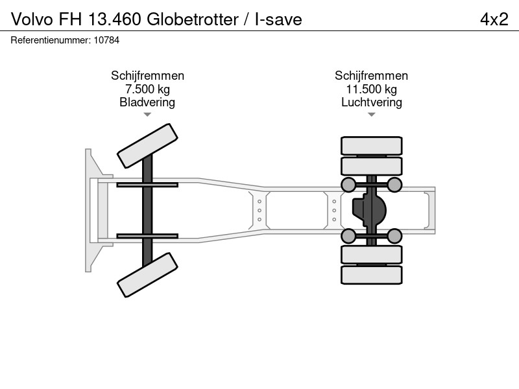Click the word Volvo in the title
32,19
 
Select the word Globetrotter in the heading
192,19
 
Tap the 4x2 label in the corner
494,19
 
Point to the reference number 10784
106,40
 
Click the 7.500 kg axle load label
147,89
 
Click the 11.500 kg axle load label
371,89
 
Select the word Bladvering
147,102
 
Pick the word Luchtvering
371,102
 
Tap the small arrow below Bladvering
147,115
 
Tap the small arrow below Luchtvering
371,115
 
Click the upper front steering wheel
147,146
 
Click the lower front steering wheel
147,275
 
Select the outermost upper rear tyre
371,146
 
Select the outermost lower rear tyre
371,275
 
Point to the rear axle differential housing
369,210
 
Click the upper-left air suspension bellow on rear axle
348,185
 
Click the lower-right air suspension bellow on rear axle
394,236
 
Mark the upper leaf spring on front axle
147,185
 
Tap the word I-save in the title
278,19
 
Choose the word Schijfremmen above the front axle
147,76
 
